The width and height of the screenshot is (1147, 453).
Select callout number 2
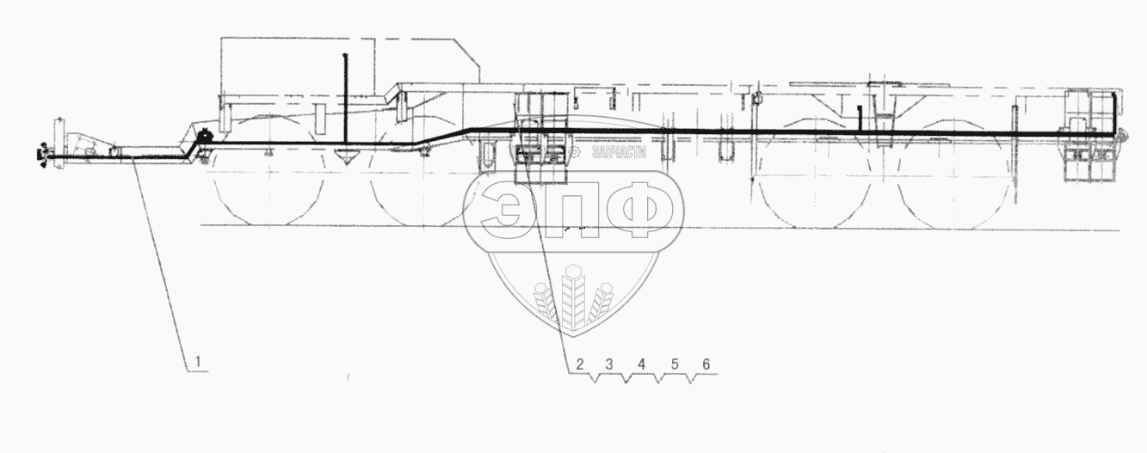(x=580, y=364)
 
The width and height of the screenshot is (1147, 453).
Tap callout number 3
(x=611, y=364)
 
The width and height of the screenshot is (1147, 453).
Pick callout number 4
(x=641, y=364)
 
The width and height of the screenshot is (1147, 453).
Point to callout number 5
(x=675, y=364)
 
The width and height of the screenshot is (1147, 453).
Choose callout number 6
(x=706, y=364)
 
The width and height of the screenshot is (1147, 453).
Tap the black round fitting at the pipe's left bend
(x=206, y=136)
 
